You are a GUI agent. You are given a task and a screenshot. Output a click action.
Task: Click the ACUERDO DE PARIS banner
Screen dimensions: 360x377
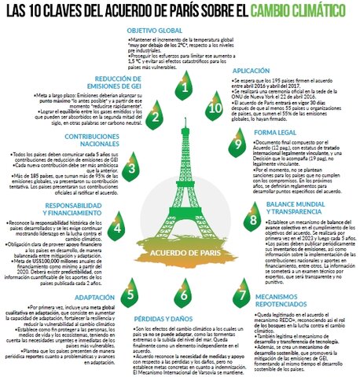coord(180,253)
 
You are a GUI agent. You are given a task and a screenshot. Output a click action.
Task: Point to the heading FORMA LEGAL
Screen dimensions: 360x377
coord(275,132)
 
